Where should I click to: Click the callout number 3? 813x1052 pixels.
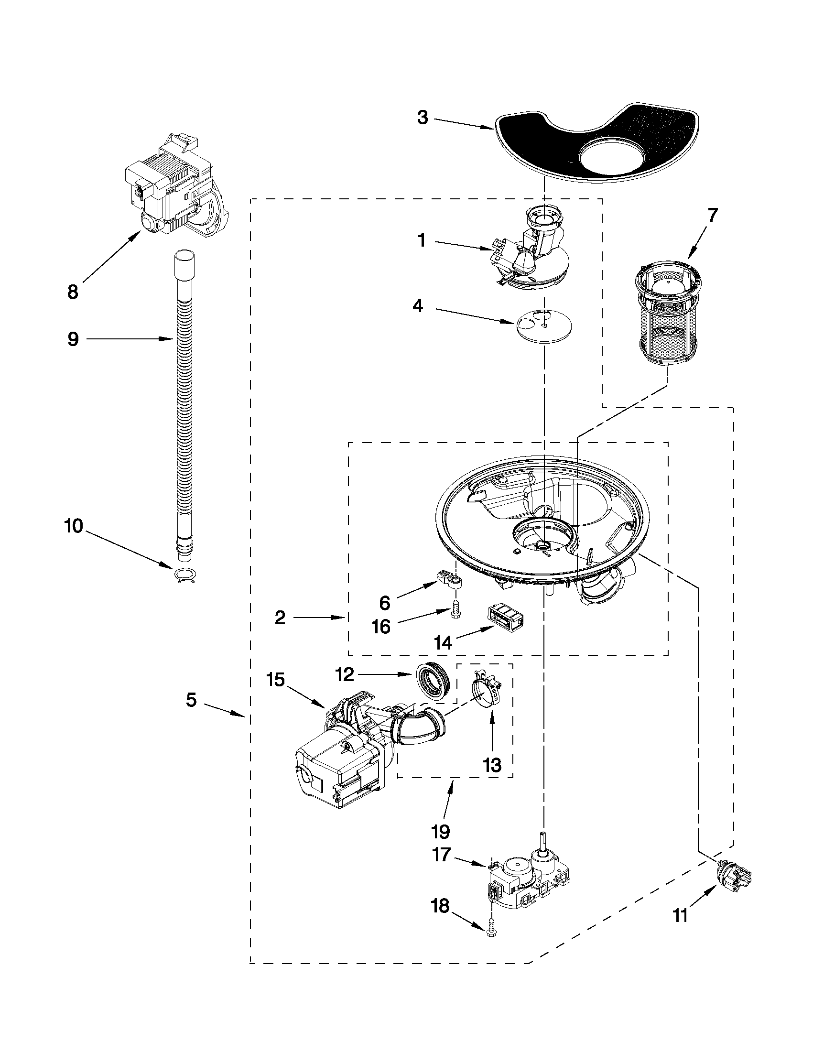tap(423, 118)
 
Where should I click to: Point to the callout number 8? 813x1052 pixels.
tap(73, 292)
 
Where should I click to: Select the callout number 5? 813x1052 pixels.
tap(192, 699)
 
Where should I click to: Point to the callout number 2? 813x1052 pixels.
tap(280, 618)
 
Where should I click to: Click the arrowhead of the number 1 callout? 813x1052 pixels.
tap(492, 249)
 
